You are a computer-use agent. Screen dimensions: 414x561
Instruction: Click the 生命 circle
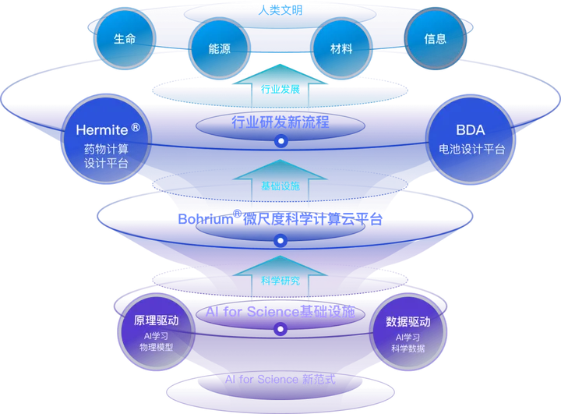pos(125,39)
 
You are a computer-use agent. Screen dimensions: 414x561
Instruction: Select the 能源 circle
pos(219,48)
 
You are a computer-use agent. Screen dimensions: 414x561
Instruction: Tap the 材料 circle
pos(341,48)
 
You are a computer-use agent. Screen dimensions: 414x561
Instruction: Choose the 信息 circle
pos(436,39)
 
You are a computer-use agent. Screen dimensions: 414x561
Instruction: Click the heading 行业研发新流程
pos(280,122)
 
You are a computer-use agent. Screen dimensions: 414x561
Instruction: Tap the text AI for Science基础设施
pos(280,312)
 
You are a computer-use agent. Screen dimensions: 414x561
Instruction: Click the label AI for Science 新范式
pos(280,380)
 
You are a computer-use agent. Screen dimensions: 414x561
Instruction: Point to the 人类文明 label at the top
pos(280,10)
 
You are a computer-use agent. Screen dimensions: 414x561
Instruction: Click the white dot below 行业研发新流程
pos(280,142)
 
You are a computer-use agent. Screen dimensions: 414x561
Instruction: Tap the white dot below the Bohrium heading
pos(280,241)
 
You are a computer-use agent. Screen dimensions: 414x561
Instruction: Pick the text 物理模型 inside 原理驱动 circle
pos(157,348)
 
